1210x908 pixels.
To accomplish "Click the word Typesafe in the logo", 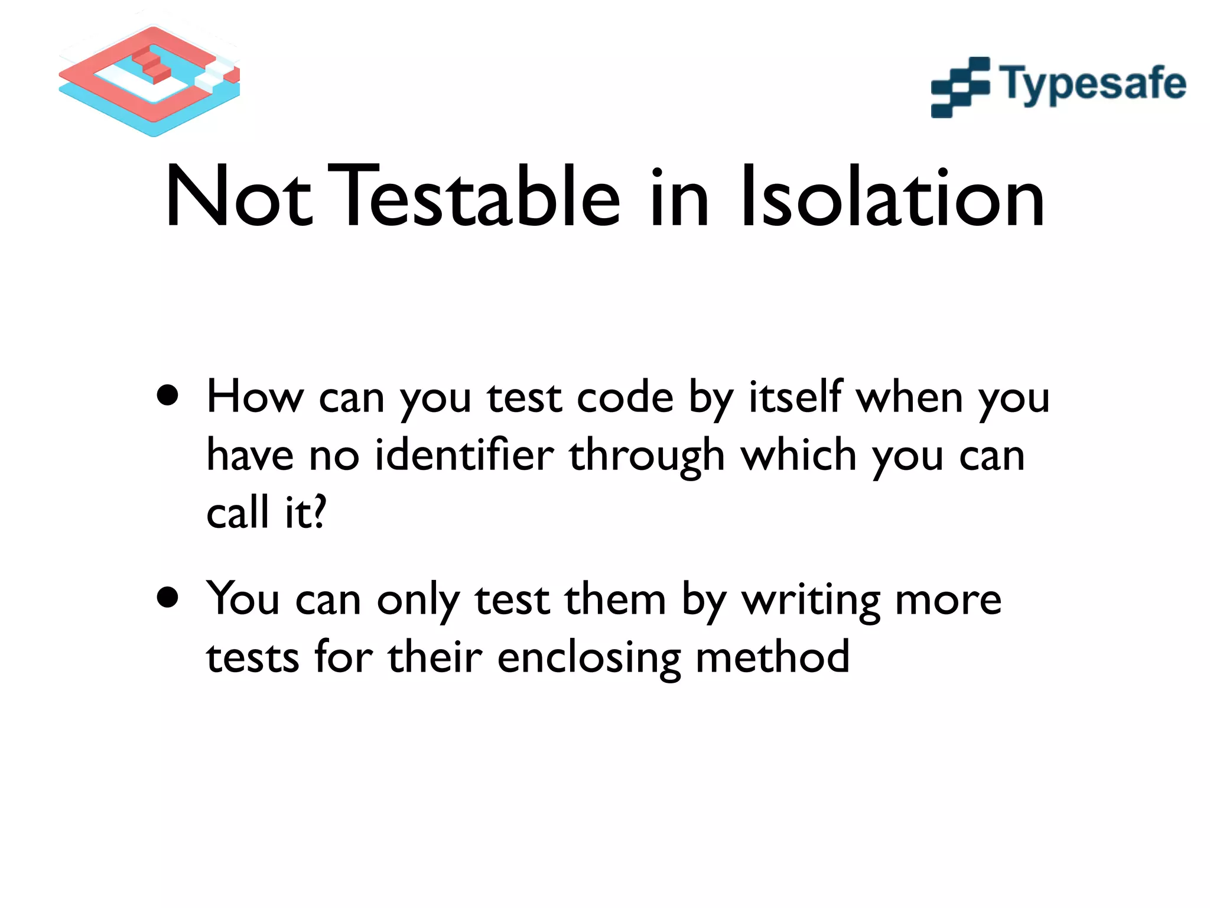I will [x=1092, y=85].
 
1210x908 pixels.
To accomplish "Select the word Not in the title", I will [x=238, y=197].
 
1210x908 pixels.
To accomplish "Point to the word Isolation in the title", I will [x=892, y=197].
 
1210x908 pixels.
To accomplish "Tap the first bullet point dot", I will [x=168, y=395].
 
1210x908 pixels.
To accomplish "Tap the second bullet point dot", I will [x=168, y=597].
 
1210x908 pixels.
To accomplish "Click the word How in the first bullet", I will [x=255, y=397].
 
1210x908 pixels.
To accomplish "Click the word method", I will [x=772, y=657].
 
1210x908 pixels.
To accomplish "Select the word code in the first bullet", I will [x=624, y=397].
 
